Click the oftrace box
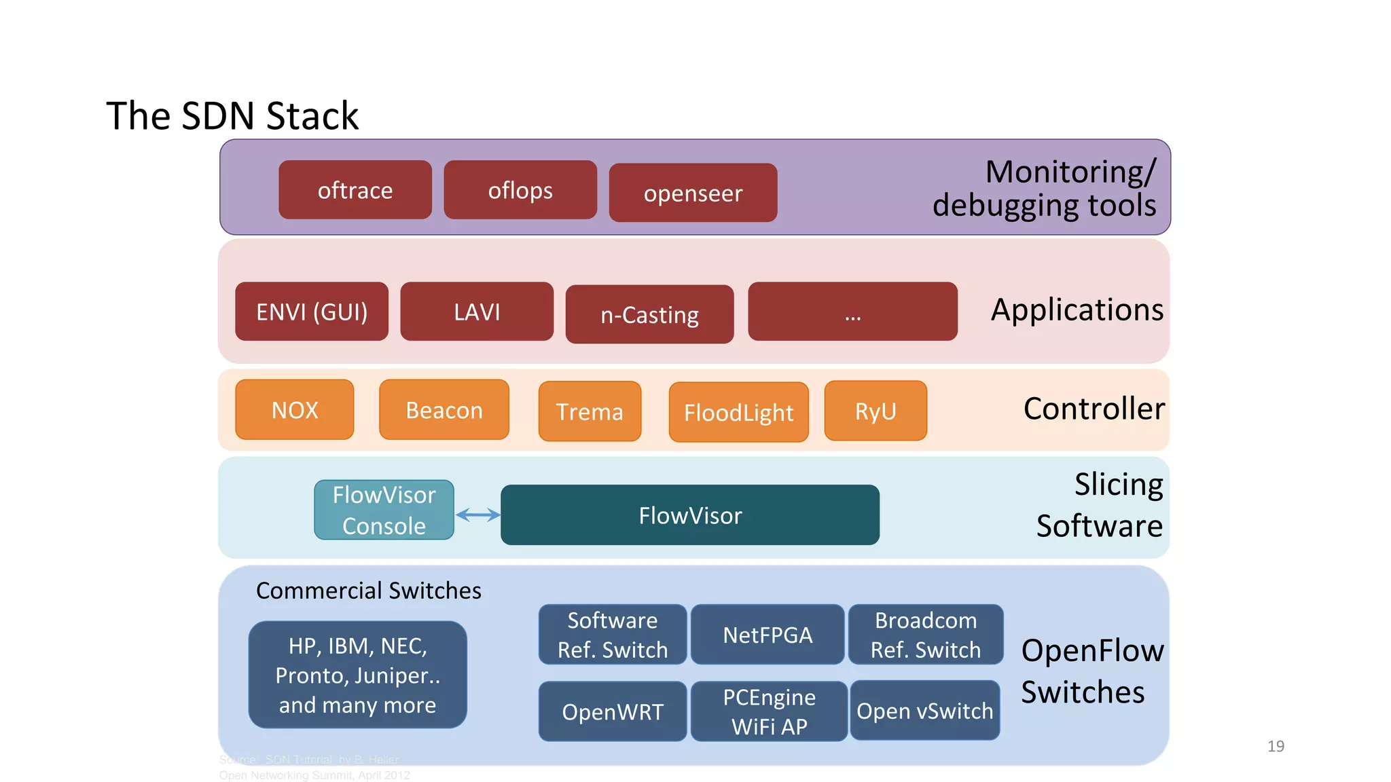pyautogui.click(x=355, y=190)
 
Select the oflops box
pyautogui.click(x=520, y=190)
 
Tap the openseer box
pyautogui.click(x=693, y=193)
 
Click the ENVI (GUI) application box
pyautogui.click(x=312, y=312)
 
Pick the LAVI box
pyautogui.click(x=477, y=312)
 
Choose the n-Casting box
pyautogui.click(x=649, y=314)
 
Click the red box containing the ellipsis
pyautogui.click(x=852, y=312)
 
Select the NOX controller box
pyautogui.click(x=295, y=410)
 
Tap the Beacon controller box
pyautogui.click(x=444, y=410)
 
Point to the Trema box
pyautogui.click(x=590, y=411)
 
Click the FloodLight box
pyautogui.click(x=738, y=412)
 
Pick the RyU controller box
pyautogui.click(x=875, y=411)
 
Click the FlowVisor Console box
pyautogui.click(x=384, y=510)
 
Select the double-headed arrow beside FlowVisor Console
pyautogui.click(x=477, y=515)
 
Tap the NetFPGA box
pyautogui.click(x=767, y=635)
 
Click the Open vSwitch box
pyautogui.click(x=924, y=711)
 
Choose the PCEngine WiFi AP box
pyautogui.click(x=769, y=711)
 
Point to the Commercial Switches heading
pyautogui.click(x=368, y=591)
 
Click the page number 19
pyautogui.click(x=1276, y=746)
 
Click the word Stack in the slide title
pyautogui.click(x=312, y=116)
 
